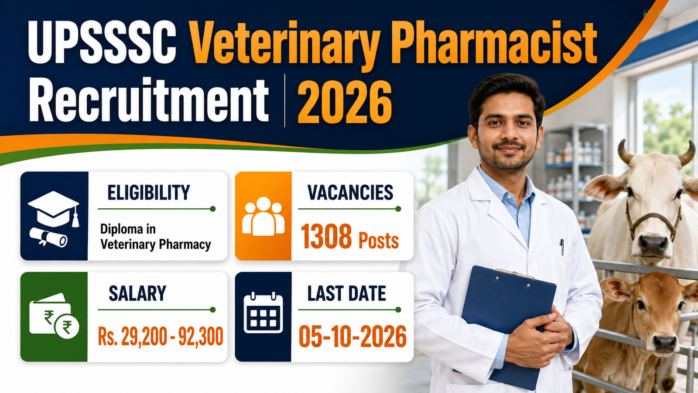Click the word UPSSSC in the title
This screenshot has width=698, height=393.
point(102,42)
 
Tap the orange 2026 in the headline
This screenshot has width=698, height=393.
point(345,102)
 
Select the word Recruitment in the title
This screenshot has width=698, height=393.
point(149,100)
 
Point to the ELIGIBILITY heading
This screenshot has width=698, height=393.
point(149,192)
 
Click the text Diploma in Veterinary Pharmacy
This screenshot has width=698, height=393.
point(155,237)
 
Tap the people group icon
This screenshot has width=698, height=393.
point(263,216)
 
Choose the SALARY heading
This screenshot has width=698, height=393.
point(137,293)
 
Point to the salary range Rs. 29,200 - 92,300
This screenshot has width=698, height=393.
point(161,336)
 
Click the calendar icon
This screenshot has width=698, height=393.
point(263,313)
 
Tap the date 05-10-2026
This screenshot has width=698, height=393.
point(352,336)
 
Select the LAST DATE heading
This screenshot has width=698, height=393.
point(346,293)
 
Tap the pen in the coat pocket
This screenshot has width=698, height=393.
point(562,247)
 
